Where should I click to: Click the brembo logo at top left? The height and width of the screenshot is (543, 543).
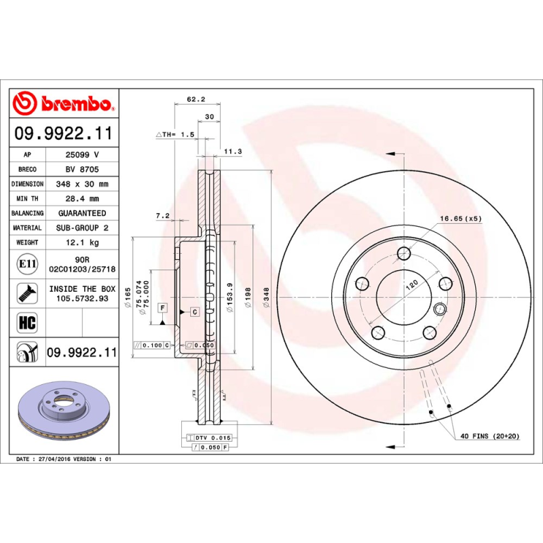[x=62, y=103]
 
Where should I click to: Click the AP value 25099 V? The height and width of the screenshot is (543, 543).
[x=82, y=155]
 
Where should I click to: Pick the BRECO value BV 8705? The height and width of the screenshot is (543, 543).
[x=82, y=169]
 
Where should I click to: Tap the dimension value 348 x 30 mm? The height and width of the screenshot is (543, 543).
[x=82, y=184]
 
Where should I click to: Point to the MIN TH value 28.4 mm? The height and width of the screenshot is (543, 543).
[x=82, y=199]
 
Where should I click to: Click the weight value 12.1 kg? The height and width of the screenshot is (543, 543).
[x=82, y=242]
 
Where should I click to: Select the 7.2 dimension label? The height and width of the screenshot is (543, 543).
[x=163, y=216]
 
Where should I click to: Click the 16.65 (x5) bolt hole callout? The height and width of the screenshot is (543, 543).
[x=460, y=219]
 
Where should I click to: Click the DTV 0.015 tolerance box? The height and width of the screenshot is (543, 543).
[x=213, y=438]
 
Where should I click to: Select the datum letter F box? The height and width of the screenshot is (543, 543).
[x=163, y=307]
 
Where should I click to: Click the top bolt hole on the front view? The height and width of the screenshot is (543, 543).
[x=405, y=254]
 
